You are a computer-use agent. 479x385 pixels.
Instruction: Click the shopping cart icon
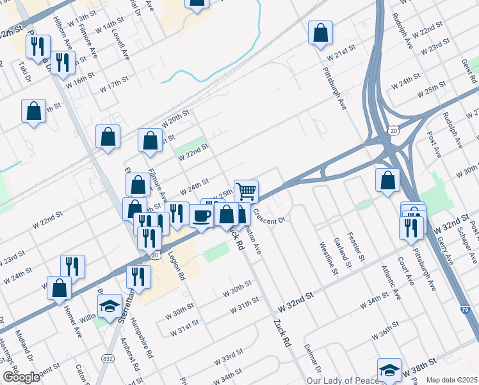tap(246, 191)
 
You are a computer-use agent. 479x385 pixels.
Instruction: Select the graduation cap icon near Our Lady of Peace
tap(389, 370)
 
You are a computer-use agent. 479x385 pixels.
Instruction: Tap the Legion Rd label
tap(177, 266)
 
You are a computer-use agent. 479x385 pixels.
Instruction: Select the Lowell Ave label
tap(122, 44)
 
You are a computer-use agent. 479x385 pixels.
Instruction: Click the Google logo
tap(21, 377)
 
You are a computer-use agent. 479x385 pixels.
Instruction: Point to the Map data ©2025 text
tap(451, 380)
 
